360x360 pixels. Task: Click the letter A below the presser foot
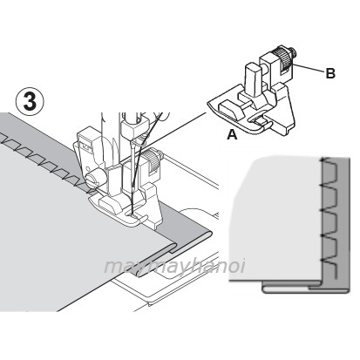coord(232,135)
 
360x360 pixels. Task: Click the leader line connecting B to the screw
coord(309,68)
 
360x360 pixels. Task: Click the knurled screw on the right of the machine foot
coord(153,162)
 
